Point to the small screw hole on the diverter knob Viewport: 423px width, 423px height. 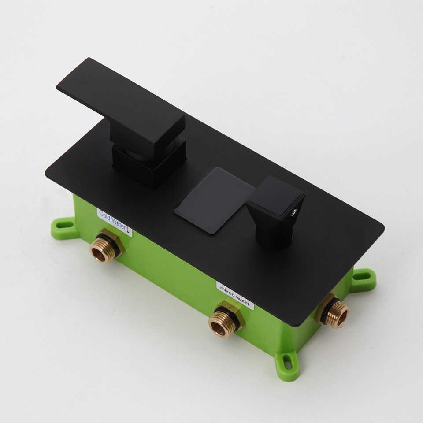click(293, 213)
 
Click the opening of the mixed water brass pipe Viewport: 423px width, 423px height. click(218, 327)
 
